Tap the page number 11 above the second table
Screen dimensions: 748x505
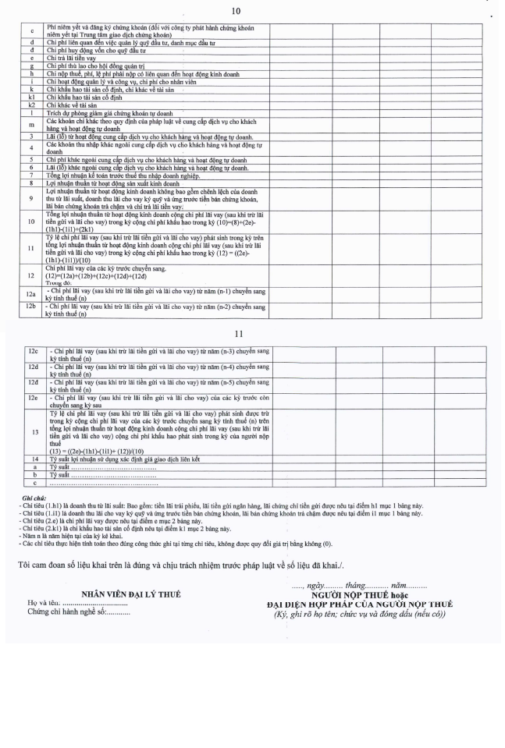248,333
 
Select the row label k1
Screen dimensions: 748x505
32,97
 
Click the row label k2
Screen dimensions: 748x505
32,104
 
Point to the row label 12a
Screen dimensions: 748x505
32,292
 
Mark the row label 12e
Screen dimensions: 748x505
34,399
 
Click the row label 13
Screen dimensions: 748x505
34,431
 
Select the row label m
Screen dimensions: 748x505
32,124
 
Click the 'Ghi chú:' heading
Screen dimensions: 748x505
34,496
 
